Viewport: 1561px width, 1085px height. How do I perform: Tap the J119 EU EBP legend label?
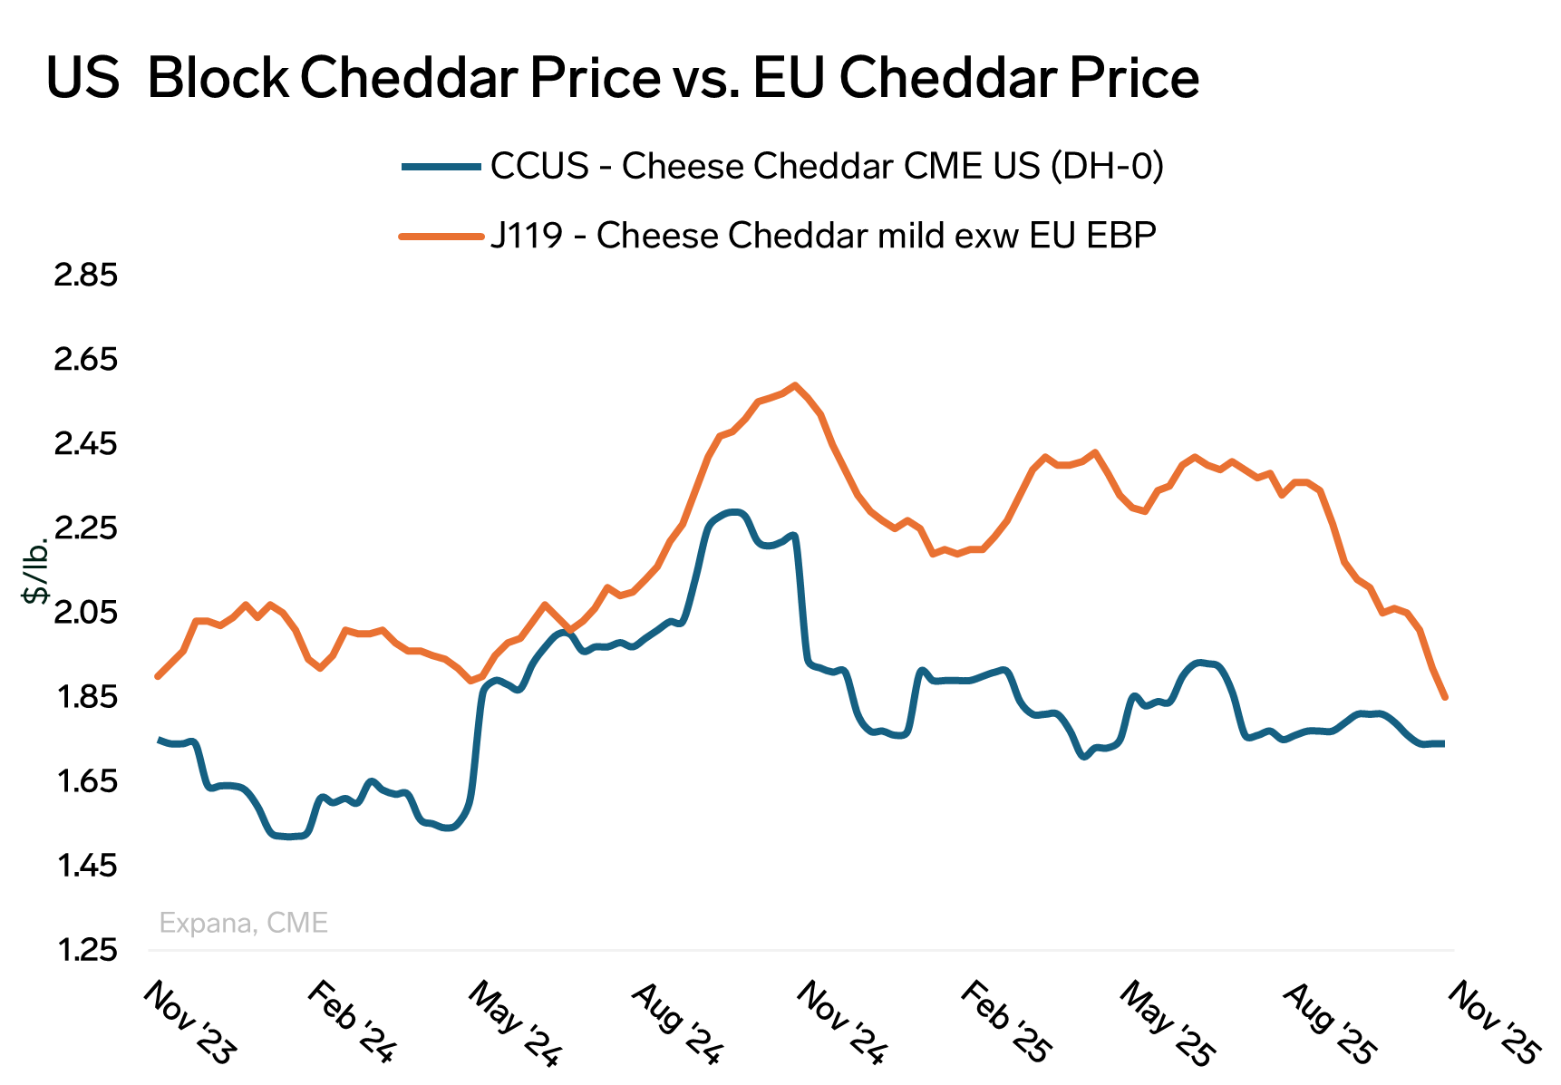[823, 236]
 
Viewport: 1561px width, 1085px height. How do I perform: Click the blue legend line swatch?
[441, 167]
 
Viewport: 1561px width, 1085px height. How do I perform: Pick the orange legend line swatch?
[441, 237]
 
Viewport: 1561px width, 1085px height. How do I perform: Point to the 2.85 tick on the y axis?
[86, 276]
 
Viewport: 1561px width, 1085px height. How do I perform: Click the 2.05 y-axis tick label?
[86, 614]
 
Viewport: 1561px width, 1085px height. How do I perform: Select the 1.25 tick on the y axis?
[86, 951]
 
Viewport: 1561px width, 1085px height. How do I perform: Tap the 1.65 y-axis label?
[86, 782]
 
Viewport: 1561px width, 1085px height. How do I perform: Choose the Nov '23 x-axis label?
[189, 1022]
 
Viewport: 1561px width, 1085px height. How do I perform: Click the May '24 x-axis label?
[514, 1022]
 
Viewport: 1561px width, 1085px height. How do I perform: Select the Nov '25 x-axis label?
[1493, 1022]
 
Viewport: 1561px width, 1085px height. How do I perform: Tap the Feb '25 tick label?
[1004, 1022]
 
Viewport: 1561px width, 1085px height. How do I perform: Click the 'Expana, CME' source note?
[243, 924]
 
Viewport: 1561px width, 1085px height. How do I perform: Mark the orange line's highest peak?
[795, 385]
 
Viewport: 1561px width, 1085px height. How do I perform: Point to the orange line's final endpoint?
[1445, 697]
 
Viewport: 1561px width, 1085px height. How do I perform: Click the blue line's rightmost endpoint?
[1443, 743]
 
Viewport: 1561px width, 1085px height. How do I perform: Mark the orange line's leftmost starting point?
[158, 676]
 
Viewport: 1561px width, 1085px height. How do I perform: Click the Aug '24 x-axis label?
[677, 1022]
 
